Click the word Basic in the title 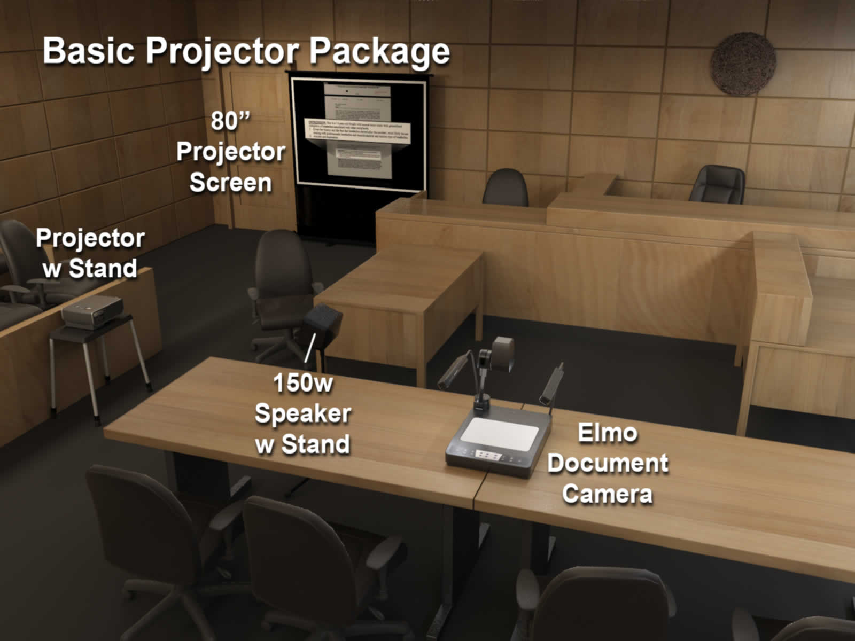pos(89,51)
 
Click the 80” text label pos(230,121)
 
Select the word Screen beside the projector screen pos(230,183)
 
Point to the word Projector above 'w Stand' pos(90,238)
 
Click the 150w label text pos(302,383)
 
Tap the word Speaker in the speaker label pos(302,414)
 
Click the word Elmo pos(607,433)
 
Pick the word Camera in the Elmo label pos(607,494)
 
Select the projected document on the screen pos(357,131)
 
